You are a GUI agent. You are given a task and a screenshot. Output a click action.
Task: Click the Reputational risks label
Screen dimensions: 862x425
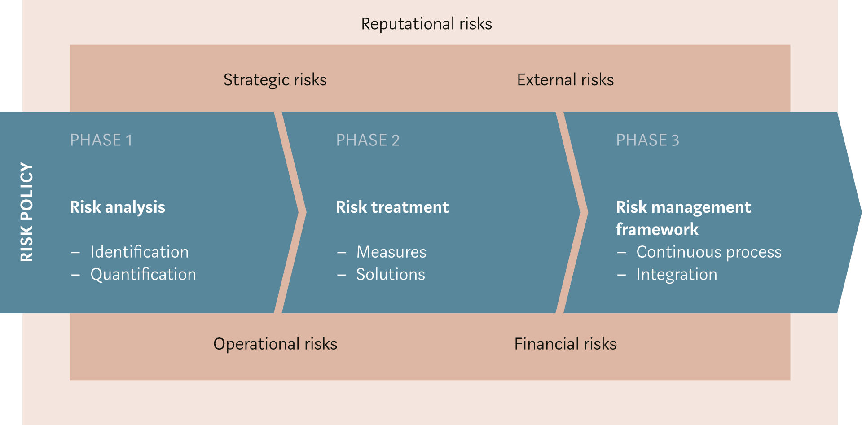click(427, 24)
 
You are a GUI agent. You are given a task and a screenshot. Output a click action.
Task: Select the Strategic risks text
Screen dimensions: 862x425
click(275, 80)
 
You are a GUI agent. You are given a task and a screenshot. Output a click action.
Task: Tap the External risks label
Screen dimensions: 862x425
click(565, 80)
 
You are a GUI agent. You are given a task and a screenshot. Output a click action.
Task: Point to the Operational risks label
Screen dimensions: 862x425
click(275, 344)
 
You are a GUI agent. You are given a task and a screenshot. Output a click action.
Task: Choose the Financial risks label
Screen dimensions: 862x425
click(565, 344)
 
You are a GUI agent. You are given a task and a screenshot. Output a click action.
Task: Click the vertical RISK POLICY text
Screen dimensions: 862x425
click(27, 212)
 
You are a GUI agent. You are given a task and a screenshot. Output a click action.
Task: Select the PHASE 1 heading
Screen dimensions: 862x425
click(101, 140)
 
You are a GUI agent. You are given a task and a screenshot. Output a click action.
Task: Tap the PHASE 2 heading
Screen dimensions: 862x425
click(368, 140)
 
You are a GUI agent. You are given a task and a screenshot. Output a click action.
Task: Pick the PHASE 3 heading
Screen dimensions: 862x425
click(647, 140)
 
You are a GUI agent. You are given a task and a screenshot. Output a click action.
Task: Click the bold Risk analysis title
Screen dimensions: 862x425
click(118, 207)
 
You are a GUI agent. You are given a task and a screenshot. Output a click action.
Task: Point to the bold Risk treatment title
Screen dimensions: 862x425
click(392, 207)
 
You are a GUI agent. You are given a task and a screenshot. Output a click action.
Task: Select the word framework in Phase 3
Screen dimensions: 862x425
click(657, 229)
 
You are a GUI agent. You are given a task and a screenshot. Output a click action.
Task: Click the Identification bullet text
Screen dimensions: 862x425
click(140, 252)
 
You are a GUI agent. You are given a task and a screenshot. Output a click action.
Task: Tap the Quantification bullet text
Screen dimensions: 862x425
click(143, 275)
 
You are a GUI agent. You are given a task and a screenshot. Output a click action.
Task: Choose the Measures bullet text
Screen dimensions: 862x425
click(391, 252)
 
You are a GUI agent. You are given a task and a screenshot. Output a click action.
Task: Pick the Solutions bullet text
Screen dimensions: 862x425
click(391, 275)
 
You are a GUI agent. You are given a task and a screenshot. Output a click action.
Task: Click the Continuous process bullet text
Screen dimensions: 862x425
click(709, 253)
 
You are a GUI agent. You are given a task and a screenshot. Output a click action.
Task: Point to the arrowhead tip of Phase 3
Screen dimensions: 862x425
click(861, 212)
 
